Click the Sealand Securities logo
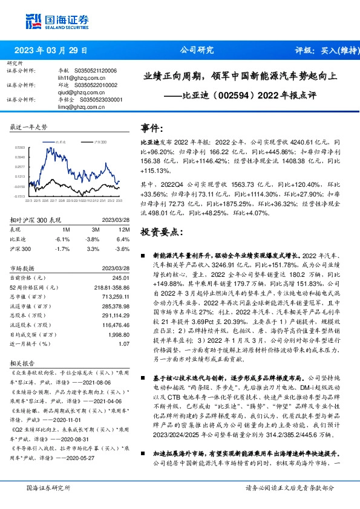[x=52, y=20]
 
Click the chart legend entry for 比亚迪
[x=59, y=141]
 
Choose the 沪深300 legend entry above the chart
[x=99, y=141]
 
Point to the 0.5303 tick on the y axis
[x=21, y=147]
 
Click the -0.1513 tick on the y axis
[x=20, y=196]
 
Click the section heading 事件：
[x=152, y=128]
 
